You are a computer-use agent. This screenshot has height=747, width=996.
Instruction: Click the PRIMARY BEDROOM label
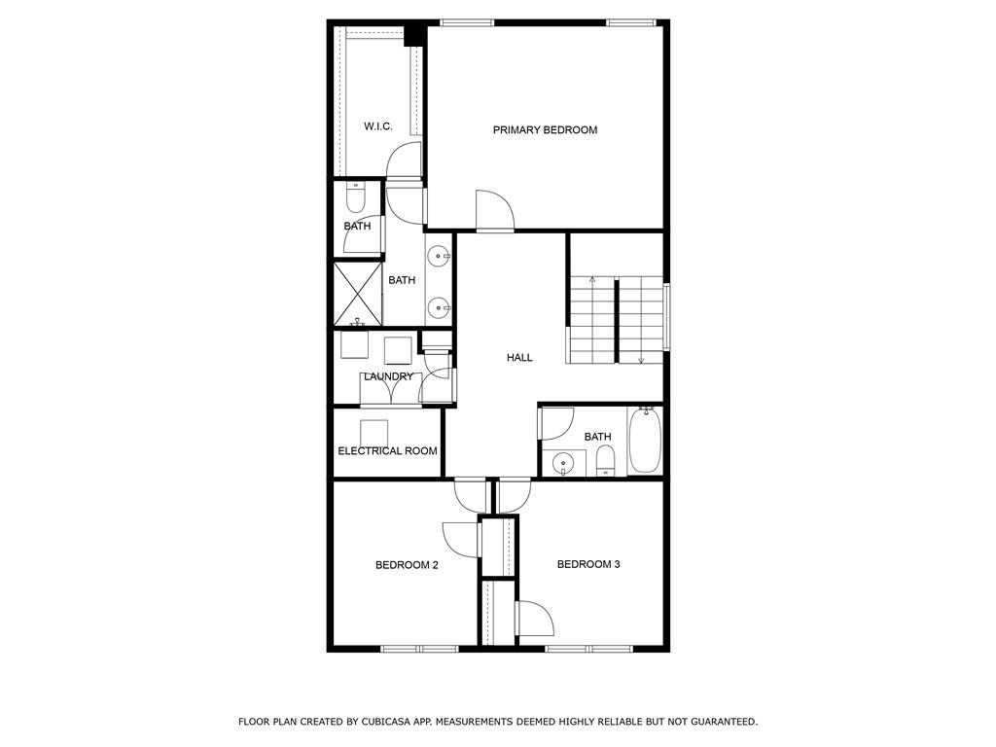545,130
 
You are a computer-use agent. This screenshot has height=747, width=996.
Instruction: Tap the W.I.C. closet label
378,126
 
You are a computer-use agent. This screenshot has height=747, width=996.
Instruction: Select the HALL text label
519,358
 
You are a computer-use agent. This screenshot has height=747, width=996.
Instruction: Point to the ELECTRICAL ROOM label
387,451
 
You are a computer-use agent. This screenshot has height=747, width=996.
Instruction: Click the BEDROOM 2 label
407,565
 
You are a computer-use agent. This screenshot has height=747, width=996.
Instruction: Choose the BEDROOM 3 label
588,564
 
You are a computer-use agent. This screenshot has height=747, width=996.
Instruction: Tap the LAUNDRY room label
388,376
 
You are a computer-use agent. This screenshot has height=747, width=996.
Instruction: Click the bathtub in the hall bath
645,441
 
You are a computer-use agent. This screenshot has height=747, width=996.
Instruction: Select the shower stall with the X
358,294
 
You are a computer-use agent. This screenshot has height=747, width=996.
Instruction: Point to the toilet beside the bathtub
606,460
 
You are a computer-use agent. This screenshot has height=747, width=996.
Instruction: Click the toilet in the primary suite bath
356,198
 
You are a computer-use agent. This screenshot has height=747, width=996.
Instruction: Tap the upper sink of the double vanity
439,257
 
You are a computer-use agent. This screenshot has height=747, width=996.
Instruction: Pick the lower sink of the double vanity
439,308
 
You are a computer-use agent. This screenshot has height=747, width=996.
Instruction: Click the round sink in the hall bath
562,464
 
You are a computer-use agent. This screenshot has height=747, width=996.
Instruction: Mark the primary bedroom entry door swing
494,209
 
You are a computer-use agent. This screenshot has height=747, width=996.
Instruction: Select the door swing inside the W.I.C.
404,160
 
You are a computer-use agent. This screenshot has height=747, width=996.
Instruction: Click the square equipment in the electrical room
374,434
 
